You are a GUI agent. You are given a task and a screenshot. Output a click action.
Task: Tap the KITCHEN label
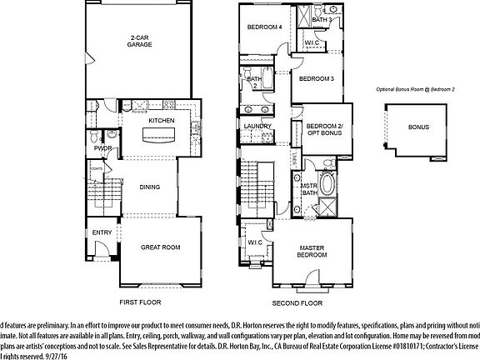point(162,121)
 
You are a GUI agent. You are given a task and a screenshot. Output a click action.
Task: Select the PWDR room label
point(103,148)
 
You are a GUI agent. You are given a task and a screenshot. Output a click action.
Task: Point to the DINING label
point(150,187)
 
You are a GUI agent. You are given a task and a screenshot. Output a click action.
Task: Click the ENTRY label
point(102,232)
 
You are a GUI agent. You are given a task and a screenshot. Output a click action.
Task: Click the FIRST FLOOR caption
point(140,302)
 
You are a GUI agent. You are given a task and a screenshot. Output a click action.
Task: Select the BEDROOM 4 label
point(264,27)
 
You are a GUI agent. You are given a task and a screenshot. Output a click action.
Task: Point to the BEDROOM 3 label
point(317,79)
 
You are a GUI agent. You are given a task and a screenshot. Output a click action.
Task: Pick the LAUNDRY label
point(258,127)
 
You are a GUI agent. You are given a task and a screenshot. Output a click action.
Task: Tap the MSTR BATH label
point(308,190)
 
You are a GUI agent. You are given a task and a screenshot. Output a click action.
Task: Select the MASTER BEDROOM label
point(311,251)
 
